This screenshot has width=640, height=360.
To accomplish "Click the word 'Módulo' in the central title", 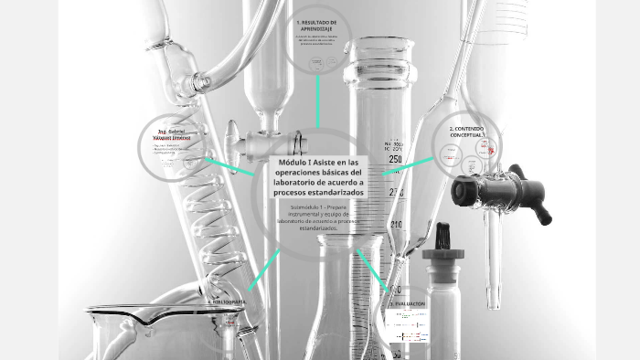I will pos(291,163).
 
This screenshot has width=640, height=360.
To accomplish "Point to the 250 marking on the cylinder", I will pos(396,159).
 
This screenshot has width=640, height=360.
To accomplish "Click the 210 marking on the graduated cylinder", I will pos(396,224).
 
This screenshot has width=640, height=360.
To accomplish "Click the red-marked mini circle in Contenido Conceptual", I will pos(492,146).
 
